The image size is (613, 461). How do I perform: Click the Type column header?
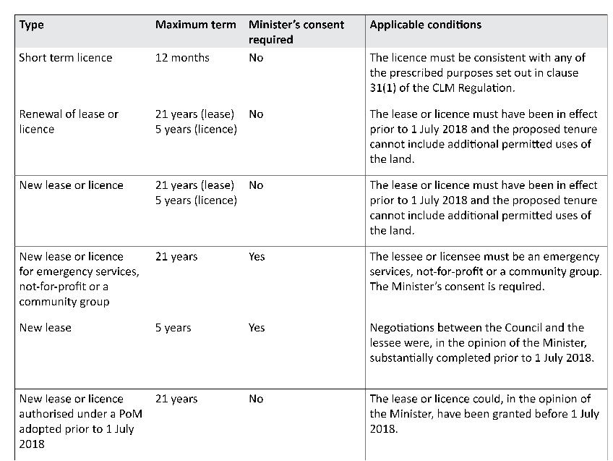click(31, 25)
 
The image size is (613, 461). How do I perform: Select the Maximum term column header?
click(195, 25)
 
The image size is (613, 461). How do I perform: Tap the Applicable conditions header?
click(425, 25)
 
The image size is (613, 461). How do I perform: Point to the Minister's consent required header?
click(296, 32)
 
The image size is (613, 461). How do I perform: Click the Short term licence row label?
click(66, 57)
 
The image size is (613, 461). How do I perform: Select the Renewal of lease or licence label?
click(69, 122)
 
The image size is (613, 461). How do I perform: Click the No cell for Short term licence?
click(256, 57)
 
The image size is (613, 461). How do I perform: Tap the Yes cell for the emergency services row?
click(257, 256)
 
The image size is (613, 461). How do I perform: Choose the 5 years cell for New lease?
click(173, 327)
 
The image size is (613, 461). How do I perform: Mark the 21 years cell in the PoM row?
click(176, 399)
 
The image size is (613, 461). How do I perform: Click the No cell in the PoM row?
click(256, 399)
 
